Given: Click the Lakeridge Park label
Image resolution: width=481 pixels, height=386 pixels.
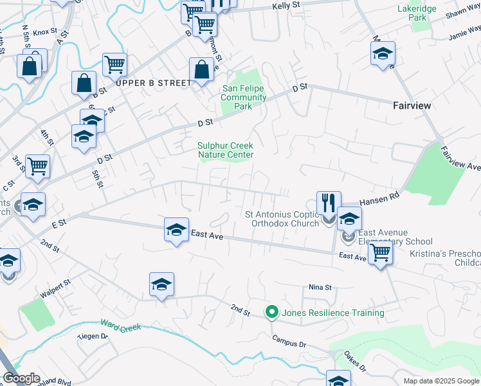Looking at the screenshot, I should click(x=417, y=14).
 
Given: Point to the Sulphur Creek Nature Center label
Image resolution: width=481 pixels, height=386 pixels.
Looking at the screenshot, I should click(x=225, y=150).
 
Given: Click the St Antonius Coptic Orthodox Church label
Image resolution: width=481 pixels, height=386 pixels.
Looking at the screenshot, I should click(x=282, y=219).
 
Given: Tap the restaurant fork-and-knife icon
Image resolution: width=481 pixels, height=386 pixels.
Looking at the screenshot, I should click(x=329, y=203).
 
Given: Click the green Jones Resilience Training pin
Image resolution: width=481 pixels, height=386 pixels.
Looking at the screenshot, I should click(x=271, y=313).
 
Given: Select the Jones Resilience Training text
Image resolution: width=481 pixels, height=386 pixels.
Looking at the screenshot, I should click(x=332, y=313).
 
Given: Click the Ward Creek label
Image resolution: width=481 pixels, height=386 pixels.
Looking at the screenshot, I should click(x=121, y=327).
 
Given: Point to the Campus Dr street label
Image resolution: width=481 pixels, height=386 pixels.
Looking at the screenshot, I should click(x=289, y=341).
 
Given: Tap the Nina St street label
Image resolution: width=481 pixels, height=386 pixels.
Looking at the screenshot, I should click(x=320, y=287).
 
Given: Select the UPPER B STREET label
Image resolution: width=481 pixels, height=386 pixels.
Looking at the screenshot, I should click(x=154, y=83).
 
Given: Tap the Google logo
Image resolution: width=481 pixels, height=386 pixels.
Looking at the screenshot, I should click(x=21, y=378).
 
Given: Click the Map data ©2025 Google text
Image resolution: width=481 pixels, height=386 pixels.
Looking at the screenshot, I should click(x=441, y=381).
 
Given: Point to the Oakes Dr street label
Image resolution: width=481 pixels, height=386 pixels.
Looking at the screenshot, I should click(x=354, y=364).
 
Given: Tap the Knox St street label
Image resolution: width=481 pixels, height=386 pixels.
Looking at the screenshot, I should click(x=41, y=32).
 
